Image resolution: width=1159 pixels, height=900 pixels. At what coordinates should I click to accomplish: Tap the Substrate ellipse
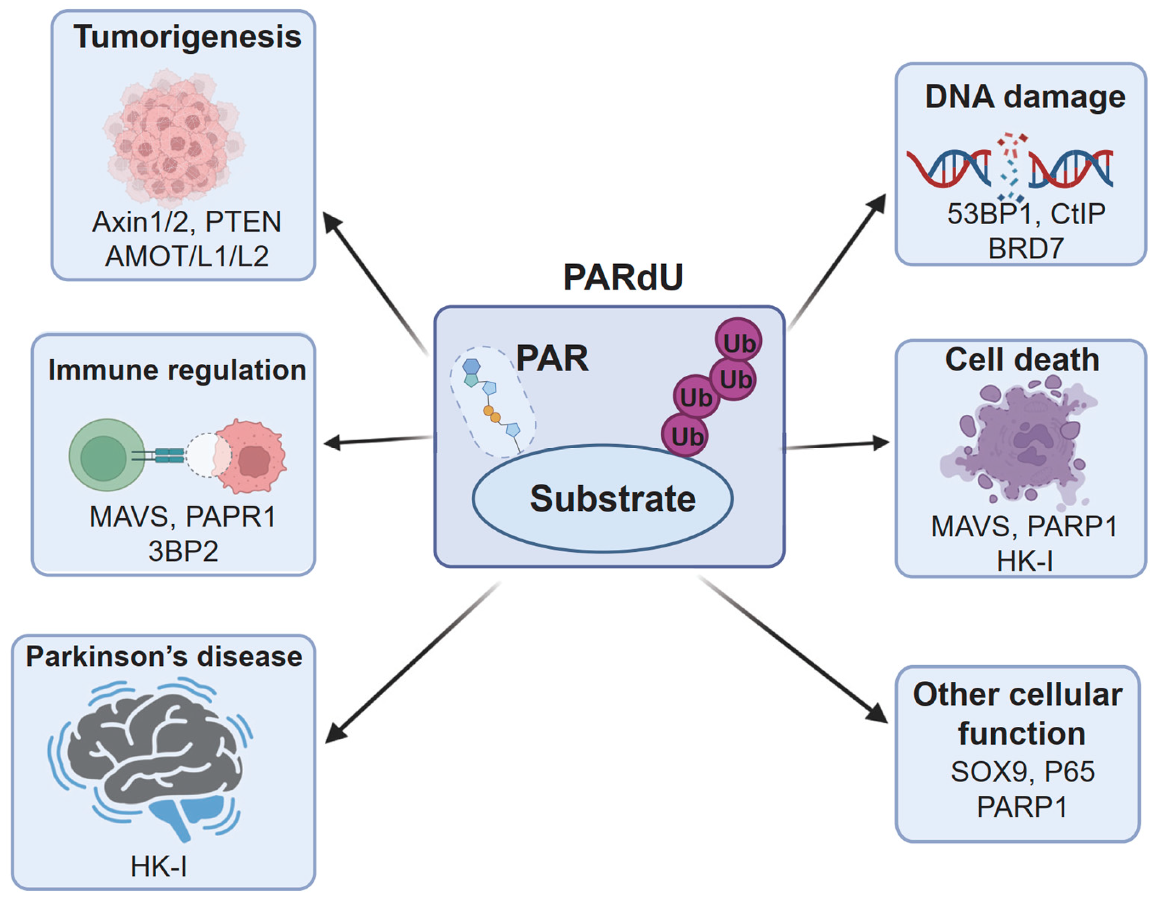tap(602, 499)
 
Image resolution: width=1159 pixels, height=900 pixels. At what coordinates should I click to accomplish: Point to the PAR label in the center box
tap(552, 359)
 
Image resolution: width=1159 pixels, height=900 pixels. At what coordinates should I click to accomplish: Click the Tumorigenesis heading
tap(187, 37)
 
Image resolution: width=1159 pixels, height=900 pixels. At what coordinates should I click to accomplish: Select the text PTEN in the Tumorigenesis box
tap(243, 222)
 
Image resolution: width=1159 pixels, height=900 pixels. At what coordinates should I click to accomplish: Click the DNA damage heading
tap(1025, 97)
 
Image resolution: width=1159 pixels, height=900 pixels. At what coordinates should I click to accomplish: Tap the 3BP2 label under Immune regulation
tap(183, 551)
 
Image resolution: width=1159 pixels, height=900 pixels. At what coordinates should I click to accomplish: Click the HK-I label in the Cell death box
tap(1024, 561)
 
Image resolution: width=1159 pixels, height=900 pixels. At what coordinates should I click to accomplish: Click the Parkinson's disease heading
tap(164, 657)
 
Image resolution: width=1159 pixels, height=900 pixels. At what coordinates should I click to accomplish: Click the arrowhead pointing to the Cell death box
tap(880, 443)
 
